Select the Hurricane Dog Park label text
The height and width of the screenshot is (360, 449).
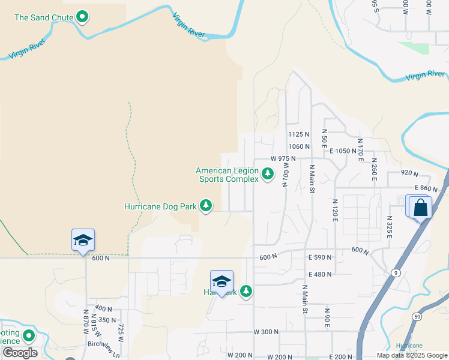click(x=160, y=206)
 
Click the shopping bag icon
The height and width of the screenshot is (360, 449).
click(x=421, y=208)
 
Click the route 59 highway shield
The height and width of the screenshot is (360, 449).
click(x=416, y=316)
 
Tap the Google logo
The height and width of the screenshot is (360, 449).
click(x=20, y=353)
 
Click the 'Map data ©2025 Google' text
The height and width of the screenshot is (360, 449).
click(x=412, y=355)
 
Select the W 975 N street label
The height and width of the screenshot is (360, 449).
click(x=283, y=158)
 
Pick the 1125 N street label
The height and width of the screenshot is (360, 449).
click(x=298, y=134)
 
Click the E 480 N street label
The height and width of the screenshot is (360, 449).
click(x=320, y=274)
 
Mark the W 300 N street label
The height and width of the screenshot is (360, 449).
click(x=267, y=332)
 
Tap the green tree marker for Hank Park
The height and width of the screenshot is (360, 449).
click(x=246, y=291)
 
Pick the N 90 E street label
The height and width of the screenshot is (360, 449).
click(x=327, y=317)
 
